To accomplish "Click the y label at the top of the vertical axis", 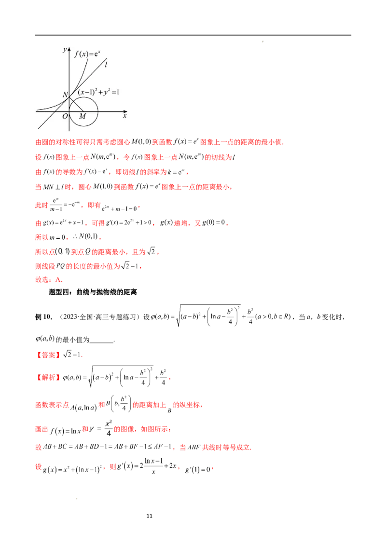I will tap(64, 50).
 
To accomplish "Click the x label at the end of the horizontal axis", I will tap(124, 116).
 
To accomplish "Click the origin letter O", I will tap(65, 116).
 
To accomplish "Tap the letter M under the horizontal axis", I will tap(83, 116).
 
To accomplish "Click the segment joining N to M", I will tap(76, 103).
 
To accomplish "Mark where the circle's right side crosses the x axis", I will tap(98, 111).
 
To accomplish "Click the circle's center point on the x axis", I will tap(83, 111).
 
